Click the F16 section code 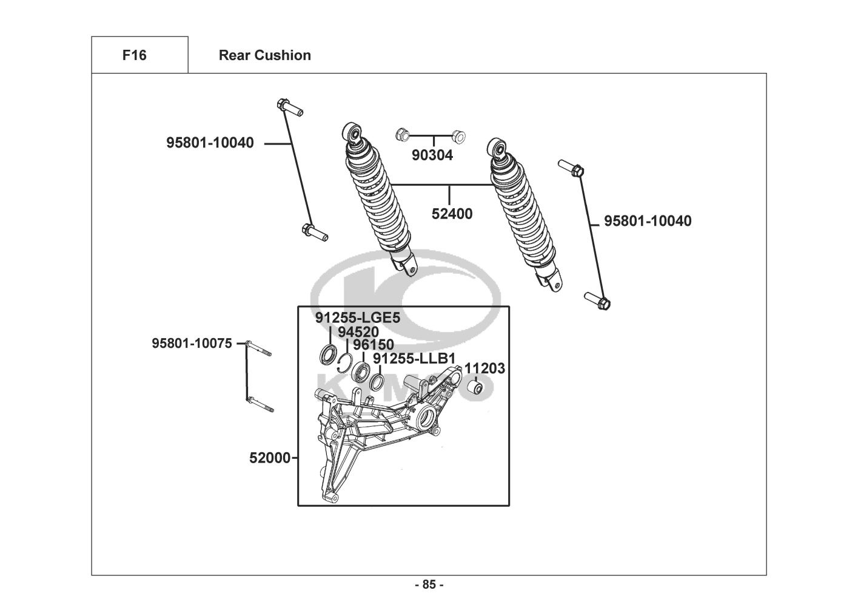tap(134, 55)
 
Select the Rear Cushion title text tap(265, 55)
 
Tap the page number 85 tap(429, 585)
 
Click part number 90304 tap(432, 155)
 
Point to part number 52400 tap(452, 214)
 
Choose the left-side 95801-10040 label tap(210, 143)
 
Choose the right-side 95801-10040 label tap(648, 221)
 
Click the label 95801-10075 tap(192, 343)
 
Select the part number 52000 tap(270, 458)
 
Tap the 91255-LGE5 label tap(358, 317)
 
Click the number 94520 tap(358, 331)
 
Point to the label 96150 tap(373, 345)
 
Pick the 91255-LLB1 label tap(414, 359)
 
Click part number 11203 tap(484, 368)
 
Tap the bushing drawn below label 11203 tap(477, 388)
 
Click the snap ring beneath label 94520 tap(346, 363)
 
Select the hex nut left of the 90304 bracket tap(402, 135)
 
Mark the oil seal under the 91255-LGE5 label tap(329, 354)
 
